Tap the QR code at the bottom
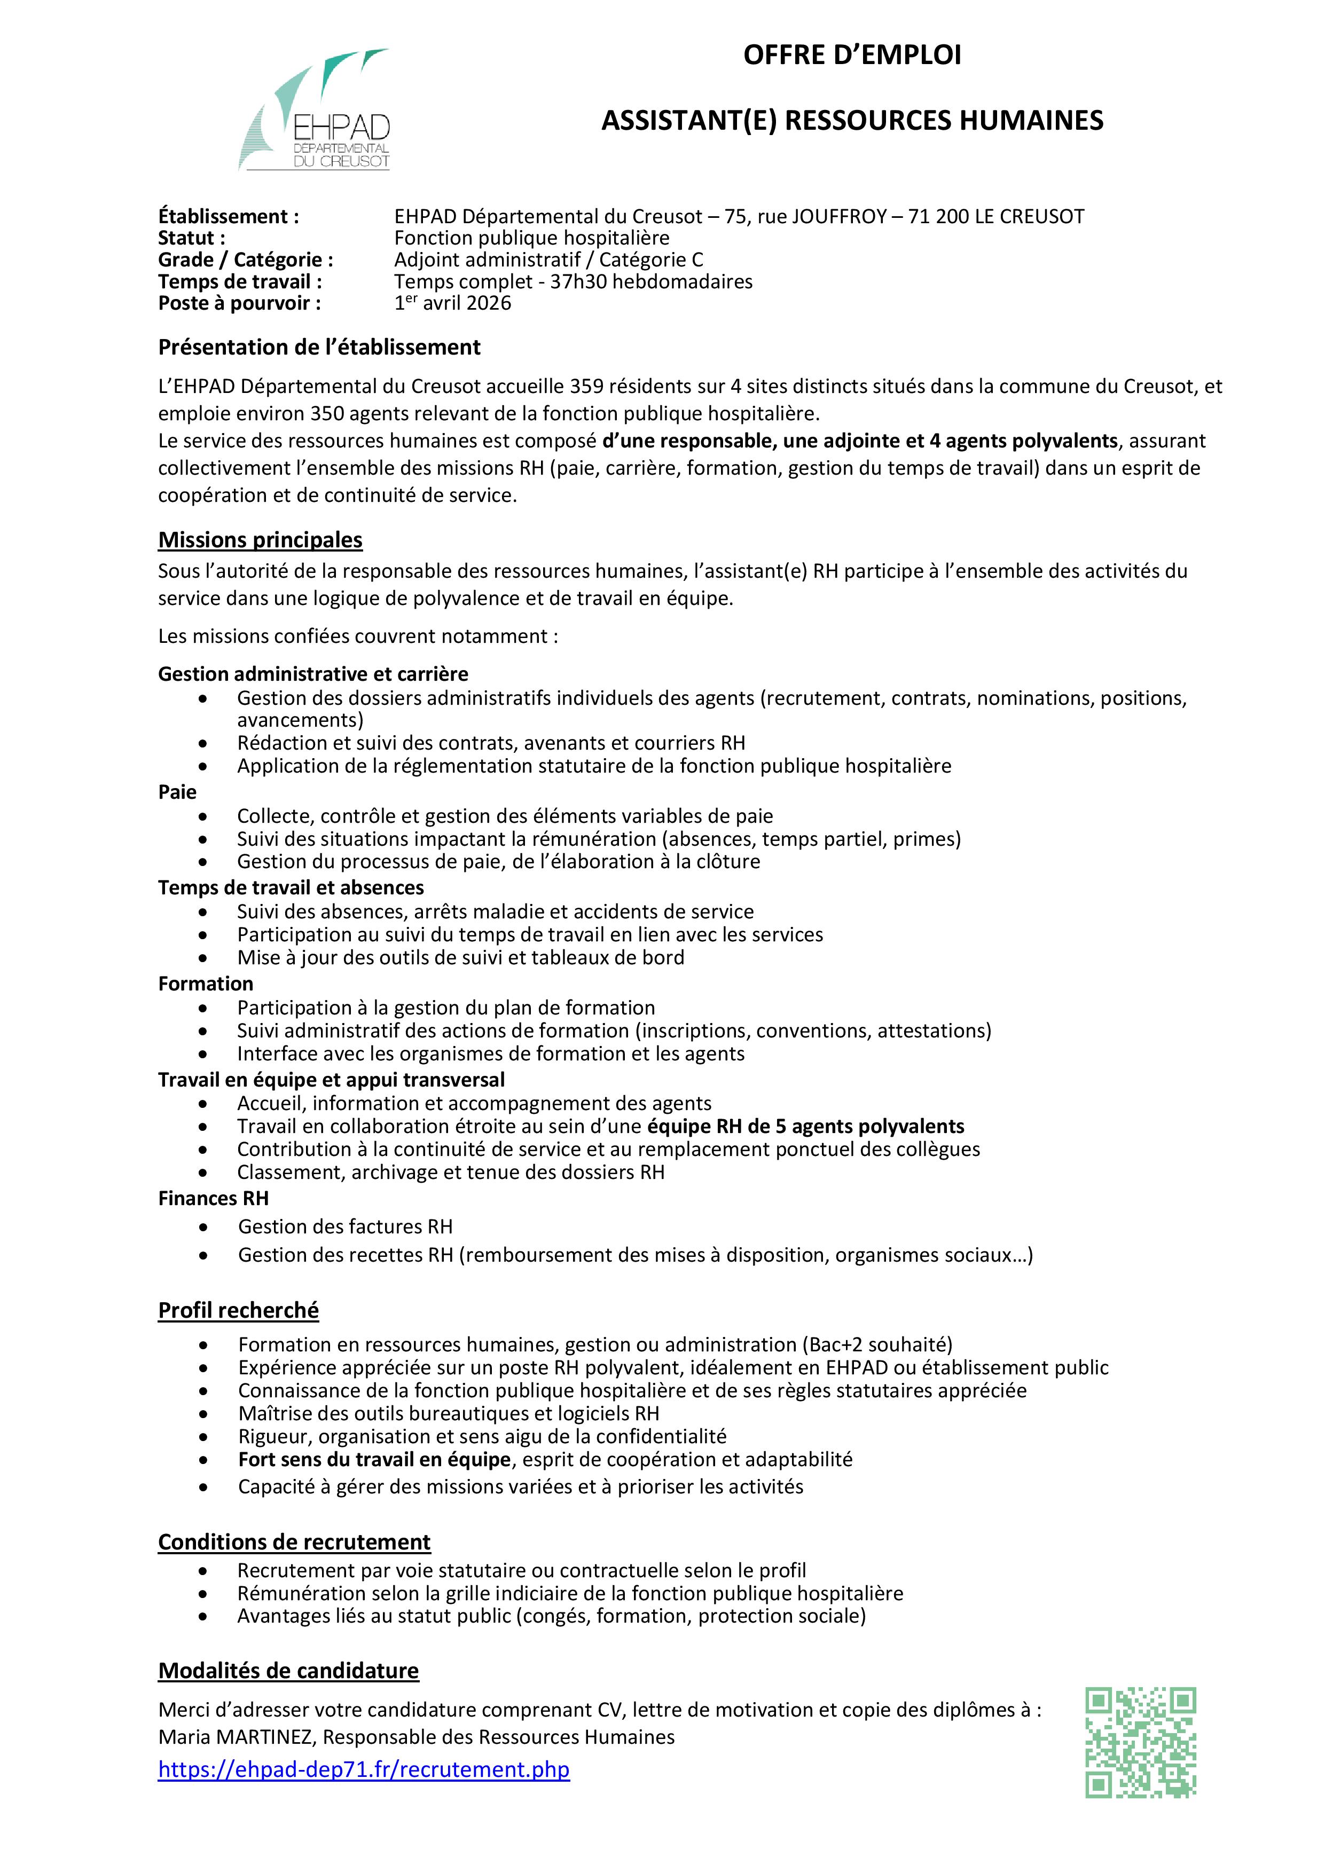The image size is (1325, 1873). [x=1141, y=1742]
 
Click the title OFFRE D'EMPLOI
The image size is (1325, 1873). [x=852, y=56]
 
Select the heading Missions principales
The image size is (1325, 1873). [x=260, y=540]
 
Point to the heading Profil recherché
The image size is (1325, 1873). [x=238, y=1310]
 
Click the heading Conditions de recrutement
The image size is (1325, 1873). [x=294, y=1542]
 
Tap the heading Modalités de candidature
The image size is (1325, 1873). [x=288, y=1671]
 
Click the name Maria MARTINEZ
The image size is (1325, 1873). [x=236, y=1737]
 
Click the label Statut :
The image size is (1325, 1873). [x=192, y=238]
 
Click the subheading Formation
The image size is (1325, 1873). [x=206, y=984]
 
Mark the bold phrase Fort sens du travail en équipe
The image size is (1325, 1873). [x=374, y=1459]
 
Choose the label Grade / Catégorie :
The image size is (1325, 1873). [x=246, y=260]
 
